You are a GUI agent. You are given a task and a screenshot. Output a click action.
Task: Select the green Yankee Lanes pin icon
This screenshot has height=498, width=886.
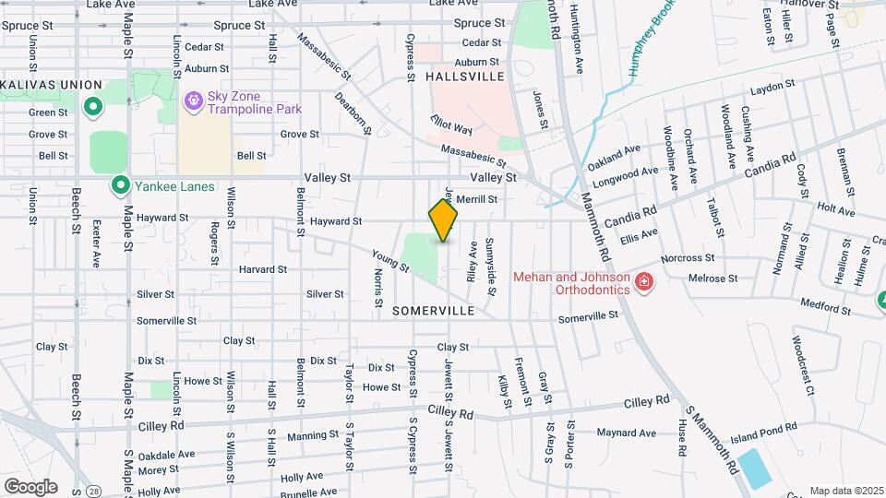click(x=119, y=185)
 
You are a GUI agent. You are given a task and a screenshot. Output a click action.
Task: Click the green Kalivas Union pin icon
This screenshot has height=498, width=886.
click(x=92, y=108)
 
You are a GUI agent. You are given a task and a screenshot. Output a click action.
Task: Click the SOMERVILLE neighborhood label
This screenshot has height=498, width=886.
click(x=433, y=311)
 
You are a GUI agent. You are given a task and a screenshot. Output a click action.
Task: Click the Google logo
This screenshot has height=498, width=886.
click(x=30, y=486)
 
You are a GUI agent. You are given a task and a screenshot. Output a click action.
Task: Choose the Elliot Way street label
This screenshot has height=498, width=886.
click(x=451, y=125)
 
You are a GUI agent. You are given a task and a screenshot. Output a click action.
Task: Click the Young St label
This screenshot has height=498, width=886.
click(x=390, y=261)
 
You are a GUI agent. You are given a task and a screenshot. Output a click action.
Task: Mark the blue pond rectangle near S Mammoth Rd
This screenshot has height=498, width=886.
click(x=755, y=468)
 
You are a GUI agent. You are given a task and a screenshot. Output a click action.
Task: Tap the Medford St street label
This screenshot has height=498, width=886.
click(x=824, y=302)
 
